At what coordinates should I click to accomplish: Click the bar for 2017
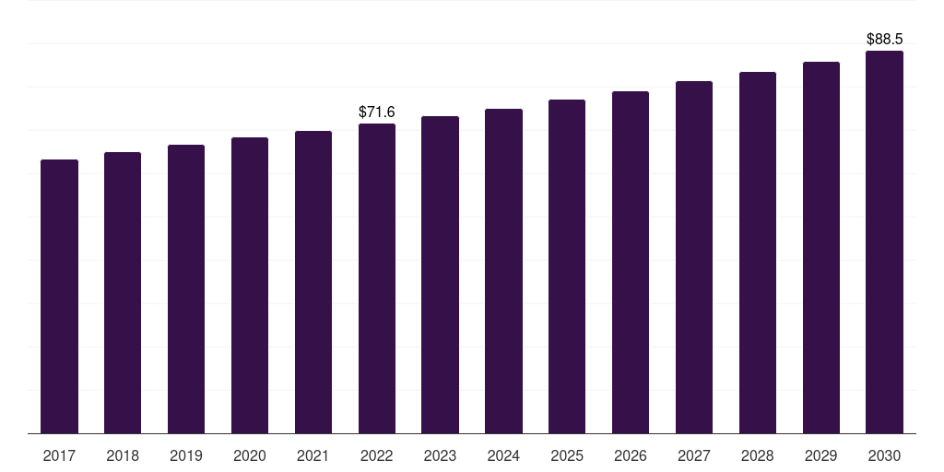click(x=59, y=296)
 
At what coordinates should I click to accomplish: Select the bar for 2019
click(x=186, y=289)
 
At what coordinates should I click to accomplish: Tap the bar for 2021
click(x=313, y=282)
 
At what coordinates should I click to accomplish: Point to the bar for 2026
click(x=631, y=262)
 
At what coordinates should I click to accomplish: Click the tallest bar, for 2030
click(x=885, y=242)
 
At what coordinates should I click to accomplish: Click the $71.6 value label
click(x=377, y=112)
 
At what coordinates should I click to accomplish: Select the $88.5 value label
click(x=885, y=40)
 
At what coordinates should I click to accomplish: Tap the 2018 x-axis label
click(x=123, y=455)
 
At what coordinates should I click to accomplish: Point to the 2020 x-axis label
click(x=250, y=455)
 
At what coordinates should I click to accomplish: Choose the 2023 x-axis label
click(x=441, y=455)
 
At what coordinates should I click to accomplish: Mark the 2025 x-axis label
click(x=567, y=455)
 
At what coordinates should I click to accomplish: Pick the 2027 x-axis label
click(x=694, y=455)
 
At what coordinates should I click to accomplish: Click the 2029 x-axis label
click(x=821, y=455)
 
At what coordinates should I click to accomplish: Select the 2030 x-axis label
click(x=885, y=455)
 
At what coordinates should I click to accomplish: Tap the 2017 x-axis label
click(x=59, y=455)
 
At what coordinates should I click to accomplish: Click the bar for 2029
click(x=821, y=247)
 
